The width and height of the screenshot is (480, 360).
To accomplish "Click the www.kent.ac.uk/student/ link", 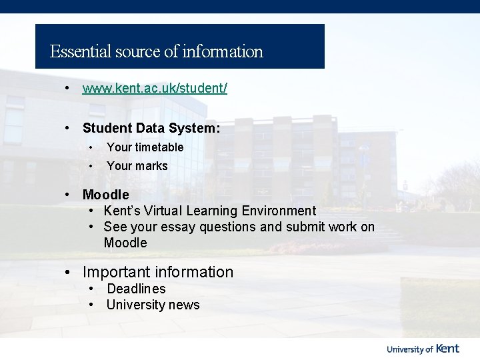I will click(155, 89).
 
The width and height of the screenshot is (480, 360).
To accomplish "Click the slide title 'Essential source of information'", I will click(157, 51).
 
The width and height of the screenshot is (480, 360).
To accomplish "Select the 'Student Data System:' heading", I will click(151, 128).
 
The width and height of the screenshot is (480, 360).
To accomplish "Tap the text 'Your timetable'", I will click(145, 147).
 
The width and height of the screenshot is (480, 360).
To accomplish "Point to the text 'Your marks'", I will click(137, 166).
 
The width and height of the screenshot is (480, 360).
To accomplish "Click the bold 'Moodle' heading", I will click(105, 195).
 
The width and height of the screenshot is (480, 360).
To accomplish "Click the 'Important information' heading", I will click(158, 272).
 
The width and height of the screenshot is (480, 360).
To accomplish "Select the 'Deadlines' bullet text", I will click(136, 289).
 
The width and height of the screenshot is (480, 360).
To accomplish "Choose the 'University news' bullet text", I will click(153, 305).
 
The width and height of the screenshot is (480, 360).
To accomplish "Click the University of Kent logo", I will click(423, 348).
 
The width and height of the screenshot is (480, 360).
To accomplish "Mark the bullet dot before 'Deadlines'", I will click(91, 289).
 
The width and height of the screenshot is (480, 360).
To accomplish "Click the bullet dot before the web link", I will click(67, 89).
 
